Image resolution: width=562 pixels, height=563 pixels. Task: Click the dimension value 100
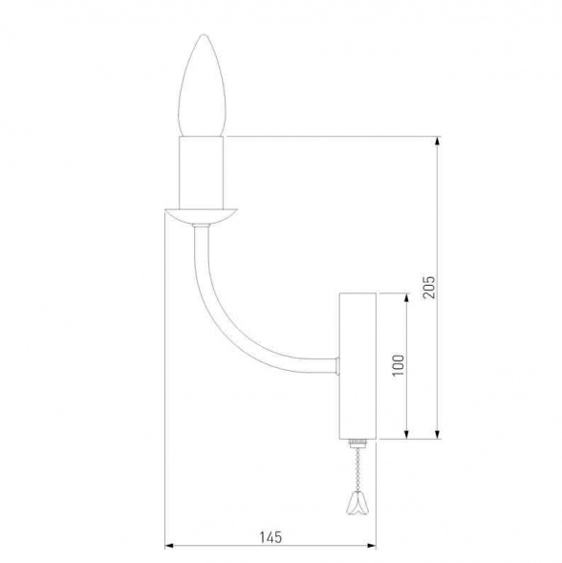coord(398,366)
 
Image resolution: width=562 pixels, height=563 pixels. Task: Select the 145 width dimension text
coord(271,537)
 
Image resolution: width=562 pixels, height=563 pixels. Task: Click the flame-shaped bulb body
coord(204,91)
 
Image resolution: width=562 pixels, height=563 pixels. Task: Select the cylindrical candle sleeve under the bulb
coord(203,172)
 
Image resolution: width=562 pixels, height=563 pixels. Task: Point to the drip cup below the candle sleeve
coord(202,215)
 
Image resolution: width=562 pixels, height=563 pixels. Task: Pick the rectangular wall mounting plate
coord(358,366)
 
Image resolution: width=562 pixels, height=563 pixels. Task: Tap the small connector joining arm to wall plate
coord(337,364)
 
